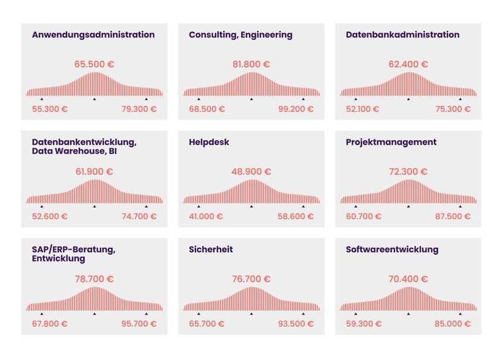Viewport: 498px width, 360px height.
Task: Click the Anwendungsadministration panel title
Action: [x=93, y=35]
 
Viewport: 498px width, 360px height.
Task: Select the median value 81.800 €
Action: [x=251, y=64]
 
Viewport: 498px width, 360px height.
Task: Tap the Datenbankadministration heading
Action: [x=403, y=35]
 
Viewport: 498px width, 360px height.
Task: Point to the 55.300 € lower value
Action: [x=50, y=110]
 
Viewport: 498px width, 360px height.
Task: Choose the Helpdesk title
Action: [x=209, y=142]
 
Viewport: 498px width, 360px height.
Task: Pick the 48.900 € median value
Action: [x=251, y=171]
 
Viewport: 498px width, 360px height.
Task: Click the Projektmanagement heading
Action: [x=391, y=142]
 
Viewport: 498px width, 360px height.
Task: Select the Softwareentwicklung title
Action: [x=392, y=250]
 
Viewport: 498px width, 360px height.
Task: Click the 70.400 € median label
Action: [x=408, y=279]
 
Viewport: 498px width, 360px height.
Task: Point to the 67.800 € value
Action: [x=50, y=324]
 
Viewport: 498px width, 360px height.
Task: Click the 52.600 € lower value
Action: [x=50, y=217]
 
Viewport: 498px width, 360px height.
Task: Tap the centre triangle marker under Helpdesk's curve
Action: [x=251, y=206]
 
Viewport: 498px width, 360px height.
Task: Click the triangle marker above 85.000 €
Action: [x=461, y=313]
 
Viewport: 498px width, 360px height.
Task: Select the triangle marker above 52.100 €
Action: [x=355, y=99]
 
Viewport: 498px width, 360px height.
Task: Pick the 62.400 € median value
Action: [x=408, y=64]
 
